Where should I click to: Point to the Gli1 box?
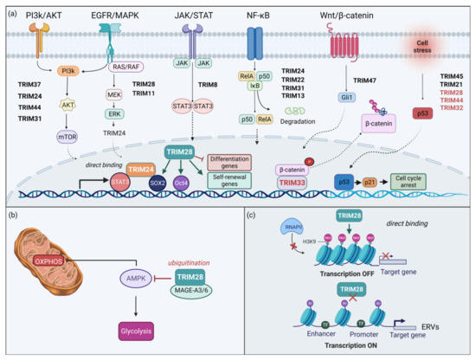click(x=344, y=97)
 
